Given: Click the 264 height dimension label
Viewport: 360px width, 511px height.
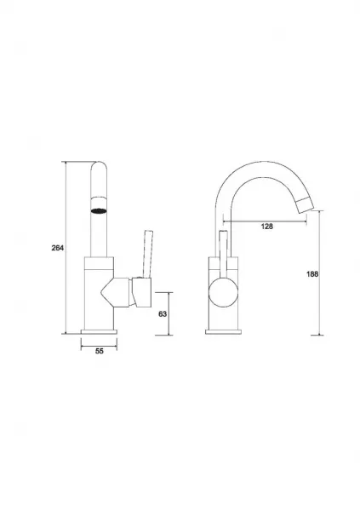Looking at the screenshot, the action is click(x=58, y=248).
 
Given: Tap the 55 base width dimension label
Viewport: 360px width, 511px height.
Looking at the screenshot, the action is click(x=100, y=351).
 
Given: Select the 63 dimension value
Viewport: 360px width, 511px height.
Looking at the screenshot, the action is click(x=163, y=313).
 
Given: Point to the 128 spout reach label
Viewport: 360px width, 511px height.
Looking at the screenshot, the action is click(x=267, y=227).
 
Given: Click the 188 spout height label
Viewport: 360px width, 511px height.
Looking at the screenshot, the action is click(x=312, y=274).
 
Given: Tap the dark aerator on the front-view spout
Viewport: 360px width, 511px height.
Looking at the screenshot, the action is click(x=99, y=211).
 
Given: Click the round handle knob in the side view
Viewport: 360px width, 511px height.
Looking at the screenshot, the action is click(x=223, y=292).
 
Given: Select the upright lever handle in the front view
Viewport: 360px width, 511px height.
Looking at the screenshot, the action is click(x=147, y=254).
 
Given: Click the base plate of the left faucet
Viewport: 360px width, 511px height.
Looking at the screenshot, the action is click(x=99, y=332).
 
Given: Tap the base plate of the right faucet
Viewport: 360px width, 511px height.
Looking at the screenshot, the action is click(x=224, y=332).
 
